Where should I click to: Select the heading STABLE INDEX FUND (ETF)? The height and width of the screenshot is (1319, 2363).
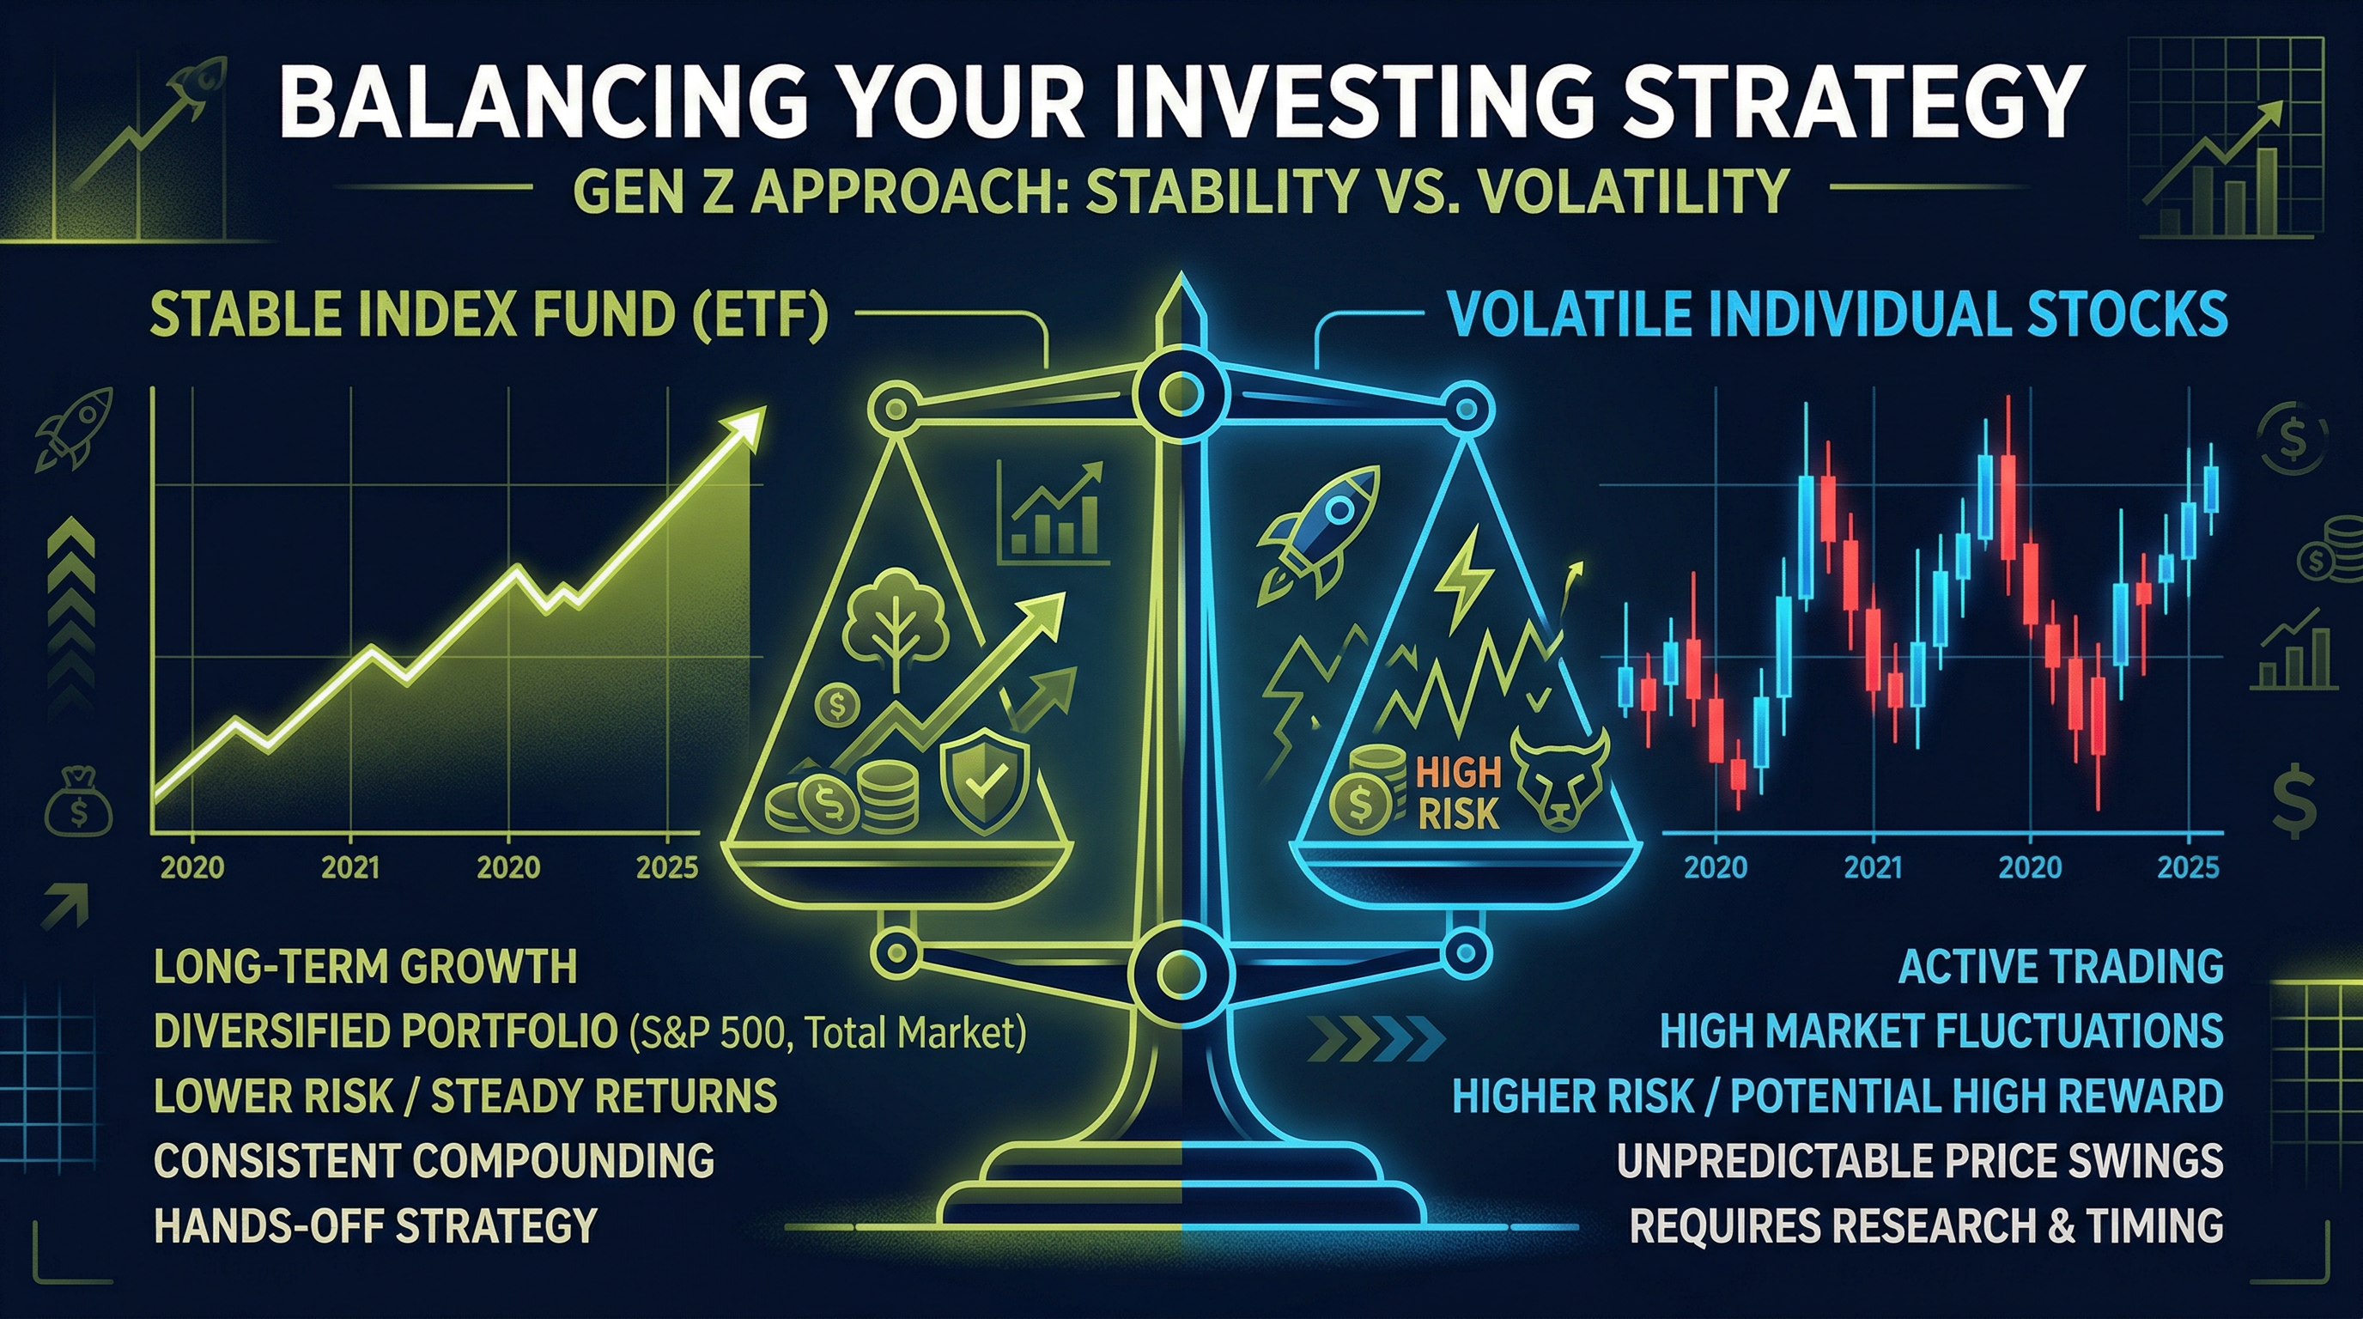tap(488, 314)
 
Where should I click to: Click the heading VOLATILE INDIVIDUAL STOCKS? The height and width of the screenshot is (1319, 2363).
tap(1838, 314)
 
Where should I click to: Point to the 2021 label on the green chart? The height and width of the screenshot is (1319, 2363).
tap(350, 866)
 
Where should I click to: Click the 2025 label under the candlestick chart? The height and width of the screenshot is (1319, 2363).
tap(2189, 866)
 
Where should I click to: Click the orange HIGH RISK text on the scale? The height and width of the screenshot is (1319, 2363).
tap(1459, 793)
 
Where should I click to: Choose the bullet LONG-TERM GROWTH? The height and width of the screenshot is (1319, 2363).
tap(365, 967)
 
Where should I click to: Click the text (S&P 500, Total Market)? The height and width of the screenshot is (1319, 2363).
tap(828, 1033)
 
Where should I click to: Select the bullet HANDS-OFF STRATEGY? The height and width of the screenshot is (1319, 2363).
tap(375, 1225)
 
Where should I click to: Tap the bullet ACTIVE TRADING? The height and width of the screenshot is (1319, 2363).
tap(2060, 967)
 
